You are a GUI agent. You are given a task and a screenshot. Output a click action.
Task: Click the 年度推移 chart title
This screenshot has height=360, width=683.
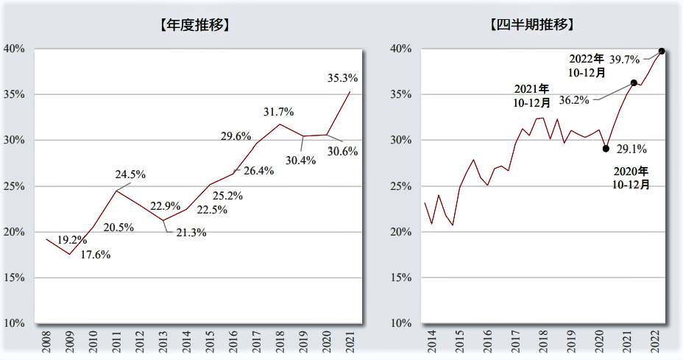[194, 24]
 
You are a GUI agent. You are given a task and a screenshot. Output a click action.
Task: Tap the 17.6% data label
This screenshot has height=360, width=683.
[95, 255]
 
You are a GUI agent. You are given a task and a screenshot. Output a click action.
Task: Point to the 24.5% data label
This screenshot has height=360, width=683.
[130, 174]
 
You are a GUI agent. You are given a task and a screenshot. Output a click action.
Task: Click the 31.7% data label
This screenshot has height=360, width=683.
[278, 112]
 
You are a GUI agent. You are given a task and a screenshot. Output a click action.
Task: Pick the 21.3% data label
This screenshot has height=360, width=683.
[191, 233]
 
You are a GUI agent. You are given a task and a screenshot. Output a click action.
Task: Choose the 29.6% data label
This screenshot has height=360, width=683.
[236, 135]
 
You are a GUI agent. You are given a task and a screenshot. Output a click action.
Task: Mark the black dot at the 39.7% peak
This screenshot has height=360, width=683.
[662, 51]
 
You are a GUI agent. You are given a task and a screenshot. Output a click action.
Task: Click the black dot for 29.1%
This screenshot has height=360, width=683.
[606, 149]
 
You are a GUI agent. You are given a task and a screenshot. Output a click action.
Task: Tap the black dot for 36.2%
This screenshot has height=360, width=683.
[634, 82]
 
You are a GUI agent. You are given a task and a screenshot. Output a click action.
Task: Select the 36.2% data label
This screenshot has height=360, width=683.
[574, 99]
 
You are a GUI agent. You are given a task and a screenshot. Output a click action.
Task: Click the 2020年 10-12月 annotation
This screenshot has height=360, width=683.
[631, 177]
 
